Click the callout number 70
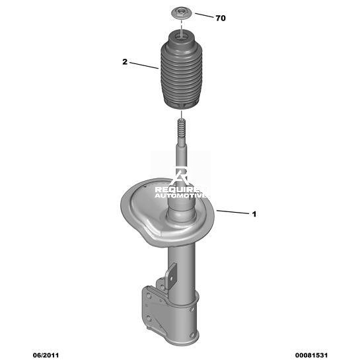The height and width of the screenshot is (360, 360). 221,18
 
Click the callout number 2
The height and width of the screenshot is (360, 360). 125,61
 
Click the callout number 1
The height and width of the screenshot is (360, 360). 254,214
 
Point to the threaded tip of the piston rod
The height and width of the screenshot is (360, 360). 182,129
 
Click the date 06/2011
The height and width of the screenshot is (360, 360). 46,355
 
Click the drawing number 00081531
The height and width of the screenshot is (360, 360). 311,355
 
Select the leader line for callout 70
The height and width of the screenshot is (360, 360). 204,15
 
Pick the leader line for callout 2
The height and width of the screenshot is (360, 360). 144,65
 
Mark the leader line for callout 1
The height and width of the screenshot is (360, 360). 233,212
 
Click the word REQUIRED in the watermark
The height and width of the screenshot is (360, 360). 180,190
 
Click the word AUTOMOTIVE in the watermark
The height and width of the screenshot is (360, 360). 180,196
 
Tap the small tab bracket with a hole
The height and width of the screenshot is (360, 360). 171,275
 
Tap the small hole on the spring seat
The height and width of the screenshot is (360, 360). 145,186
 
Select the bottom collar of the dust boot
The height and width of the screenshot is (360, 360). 181,104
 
